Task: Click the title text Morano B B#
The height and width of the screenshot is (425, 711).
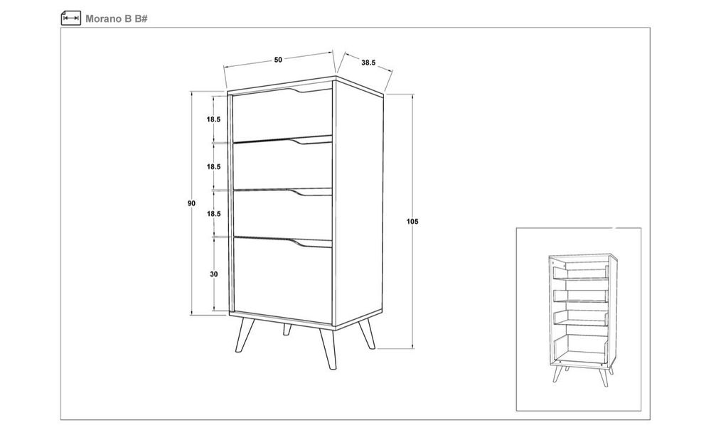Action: click(117, 18)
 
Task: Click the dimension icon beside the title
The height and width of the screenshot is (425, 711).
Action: click(70, 18)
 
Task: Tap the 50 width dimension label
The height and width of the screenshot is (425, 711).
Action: click(278, 60)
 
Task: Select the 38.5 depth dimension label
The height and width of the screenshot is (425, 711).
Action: click(368, 63)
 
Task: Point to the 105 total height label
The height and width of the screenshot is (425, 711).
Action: click(413, 222)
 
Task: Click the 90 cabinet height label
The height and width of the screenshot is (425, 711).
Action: click(192, 203)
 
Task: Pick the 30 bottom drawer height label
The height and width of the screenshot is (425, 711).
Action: click(213, 274)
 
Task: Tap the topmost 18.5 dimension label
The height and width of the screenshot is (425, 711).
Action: click(213, 119)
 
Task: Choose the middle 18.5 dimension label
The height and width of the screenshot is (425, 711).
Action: click(213, 167)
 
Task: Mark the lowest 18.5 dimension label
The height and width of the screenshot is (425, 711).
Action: click(213, 214)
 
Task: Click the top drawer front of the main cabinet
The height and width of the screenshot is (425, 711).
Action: click(282, 116)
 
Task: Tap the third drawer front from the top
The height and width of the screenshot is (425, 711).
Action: click(282, 215)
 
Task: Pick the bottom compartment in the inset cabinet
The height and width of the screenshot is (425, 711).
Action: click(579, 349)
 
